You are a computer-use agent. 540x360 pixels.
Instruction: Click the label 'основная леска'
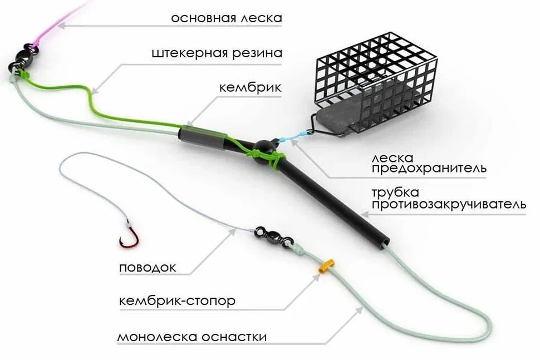(227, 18)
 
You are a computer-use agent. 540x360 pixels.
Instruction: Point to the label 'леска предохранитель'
(429, 161)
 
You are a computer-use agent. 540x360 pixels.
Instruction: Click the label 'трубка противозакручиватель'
(449, 199)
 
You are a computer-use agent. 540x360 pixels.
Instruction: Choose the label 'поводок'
(148, 268)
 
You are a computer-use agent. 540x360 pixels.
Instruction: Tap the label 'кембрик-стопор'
(177, 301)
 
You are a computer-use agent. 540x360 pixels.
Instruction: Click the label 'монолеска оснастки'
(192, 337)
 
